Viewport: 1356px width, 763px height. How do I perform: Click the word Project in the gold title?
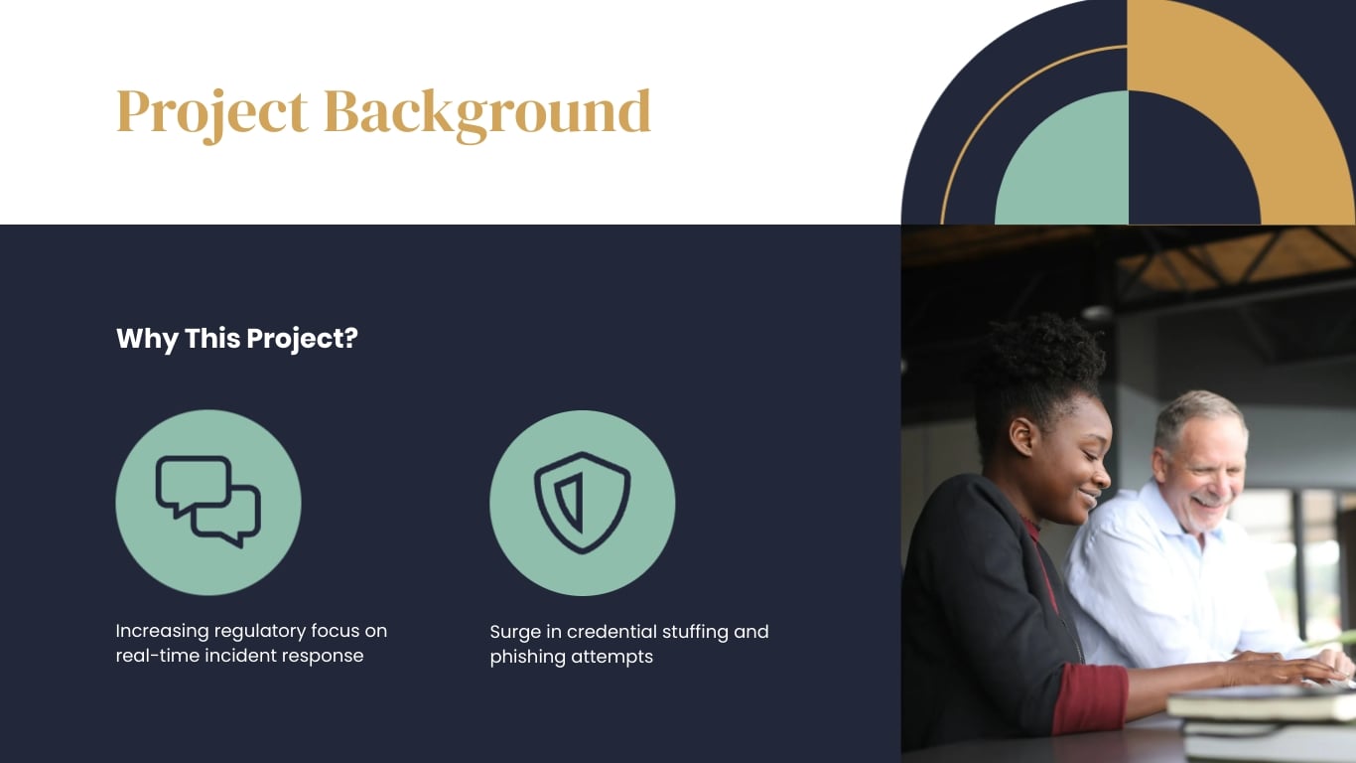coord(211,111)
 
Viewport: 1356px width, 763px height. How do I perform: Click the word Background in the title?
coord(486,111)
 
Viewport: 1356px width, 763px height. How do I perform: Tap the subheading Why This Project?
coord(236,339)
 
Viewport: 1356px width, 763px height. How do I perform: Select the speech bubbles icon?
coord(208,502)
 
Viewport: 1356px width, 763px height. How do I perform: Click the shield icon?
coord(582,502)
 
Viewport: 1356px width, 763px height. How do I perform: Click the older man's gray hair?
coord(1196,409)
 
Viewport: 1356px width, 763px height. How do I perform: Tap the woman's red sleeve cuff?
coord(1089,697)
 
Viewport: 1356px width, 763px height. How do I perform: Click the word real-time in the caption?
coord(157,656)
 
